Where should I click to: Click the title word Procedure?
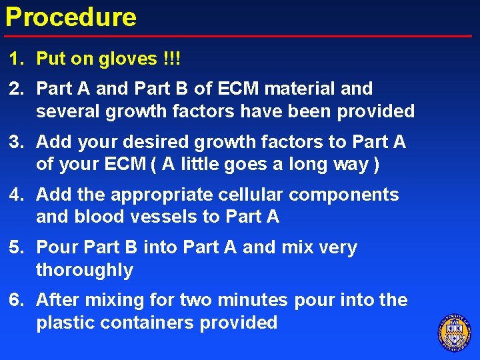click(71, 17)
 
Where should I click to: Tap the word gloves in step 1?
click(127, 59)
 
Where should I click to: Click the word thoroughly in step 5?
click(85, 271)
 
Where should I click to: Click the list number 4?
click(15, 195)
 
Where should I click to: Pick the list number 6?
click(15, 301)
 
